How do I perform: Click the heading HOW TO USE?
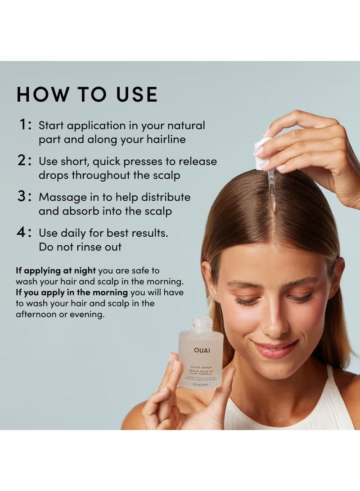tap(87, 95)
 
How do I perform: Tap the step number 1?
tap(25, 125)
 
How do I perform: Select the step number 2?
tap(25, 161)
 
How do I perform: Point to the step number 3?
tap(25, 197)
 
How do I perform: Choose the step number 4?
tap(25, 233)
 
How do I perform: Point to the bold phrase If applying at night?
tap(56, 271)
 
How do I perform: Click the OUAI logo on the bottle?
tap(202, 350)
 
